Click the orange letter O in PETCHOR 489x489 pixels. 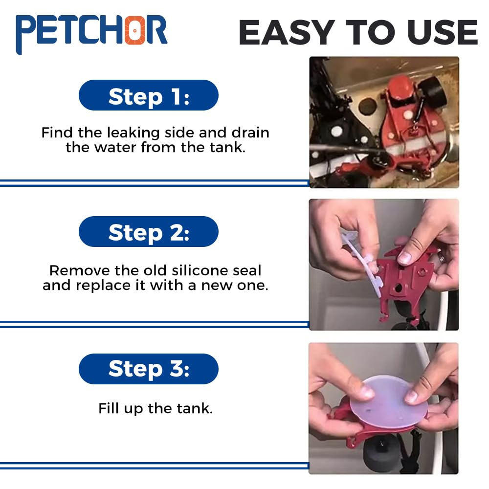pos(134,30)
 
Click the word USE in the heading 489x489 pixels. pos(442,32)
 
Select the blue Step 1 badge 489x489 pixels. pos(149,95)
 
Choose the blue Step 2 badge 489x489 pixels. pos(149,231)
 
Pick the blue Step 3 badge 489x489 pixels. pos(149,369)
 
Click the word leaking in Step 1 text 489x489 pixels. pos(133,133)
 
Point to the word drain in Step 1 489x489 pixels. pos(250,133)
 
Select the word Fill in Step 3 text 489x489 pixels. pos(109,408)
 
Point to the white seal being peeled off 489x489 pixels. pos(362,258)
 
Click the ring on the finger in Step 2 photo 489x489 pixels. pos(442,258)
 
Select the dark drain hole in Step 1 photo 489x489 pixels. pos(367,106)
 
